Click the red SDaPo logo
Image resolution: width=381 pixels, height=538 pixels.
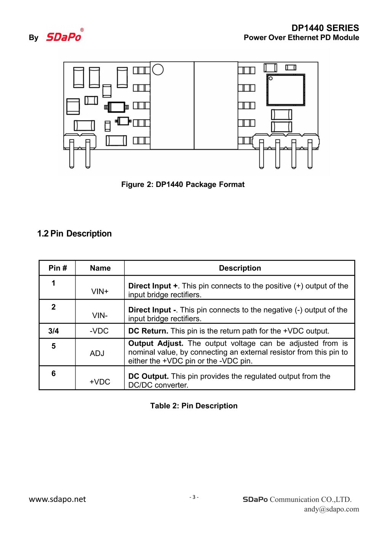coord(64,37)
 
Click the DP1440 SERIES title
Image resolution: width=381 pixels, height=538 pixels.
coord(325,28)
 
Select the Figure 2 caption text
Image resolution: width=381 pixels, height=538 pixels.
coord(183,184)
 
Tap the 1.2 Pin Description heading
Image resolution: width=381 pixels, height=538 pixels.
coord(74,233)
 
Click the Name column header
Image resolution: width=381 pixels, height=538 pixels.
coord(100,268)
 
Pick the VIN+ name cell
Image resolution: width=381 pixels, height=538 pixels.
coord(100,291)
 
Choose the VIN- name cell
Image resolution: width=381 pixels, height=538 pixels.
coord(100,315)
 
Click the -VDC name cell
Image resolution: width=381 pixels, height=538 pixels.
coord(99,331)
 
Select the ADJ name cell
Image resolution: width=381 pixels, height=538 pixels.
coord(97,353)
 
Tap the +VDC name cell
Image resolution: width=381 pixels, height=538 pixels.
coord(100,382)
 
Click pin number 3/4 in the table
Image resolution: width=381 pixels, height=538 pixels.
coord(54,331)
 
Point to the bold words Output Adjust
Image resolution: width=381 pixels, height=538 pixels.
coord(156,343)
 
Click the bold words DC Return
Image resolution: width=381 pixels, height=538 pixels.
coord(148,331)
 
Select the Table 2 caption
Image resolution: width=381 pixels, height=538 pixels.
coord(194,406)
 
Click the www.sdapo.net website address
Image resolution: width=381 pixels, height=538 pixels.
coord(58,499)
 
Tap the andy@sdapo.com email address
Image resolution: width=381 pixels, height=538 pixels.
coord(331,509)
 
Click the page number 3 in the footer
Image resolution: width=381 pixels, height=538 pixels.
coord(194,497)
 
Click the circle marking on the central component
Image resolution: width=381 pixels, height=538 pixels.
coord(158,69)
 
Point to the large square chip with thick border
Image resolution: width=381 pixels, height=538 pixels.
coord(286,90)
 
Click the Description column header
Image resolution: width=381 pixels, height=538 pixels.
coord(240,268)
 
